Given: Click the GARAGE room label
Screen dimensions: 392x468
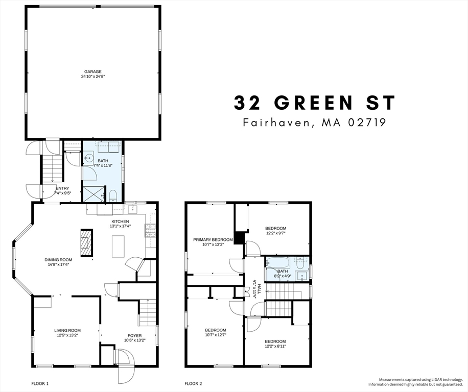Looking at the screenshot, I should click(x=93, y=71).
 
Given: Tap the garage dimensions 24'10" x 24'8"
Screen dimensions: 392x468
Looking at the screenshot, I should click(x=93, y=77).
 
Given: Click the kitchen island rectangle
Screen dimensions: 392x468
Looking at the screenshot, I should click(x=119, y=246).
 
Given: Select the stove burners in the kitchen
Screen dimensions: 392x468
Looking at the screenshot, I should click(x=150, y=231).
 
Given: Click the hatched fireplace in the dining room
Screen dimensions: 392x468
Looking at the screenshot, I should click(x=86, y=242).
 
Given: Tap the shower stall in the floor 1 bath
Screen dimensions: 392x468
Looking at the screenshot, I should click(x=92, y=194).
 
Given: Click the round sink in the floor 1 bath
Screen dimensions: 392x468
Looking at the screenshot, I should click(x=89, y=158).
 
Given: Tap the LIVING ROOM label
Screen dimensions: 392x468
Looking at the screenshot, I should click(x=67, y=330).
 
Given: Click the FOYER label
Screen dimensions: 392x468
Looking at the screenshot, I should click(x=134, y=335).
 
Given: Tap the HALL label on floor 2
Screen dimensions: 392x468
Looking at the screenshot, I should click(x=259, y=289).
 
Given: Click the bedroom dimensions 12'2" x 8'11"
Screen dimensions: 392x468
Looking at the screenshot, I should click(x=275, y=346).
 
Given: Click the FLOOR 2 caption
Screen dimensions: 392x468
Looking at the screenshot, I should click(x=194, y=383).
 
